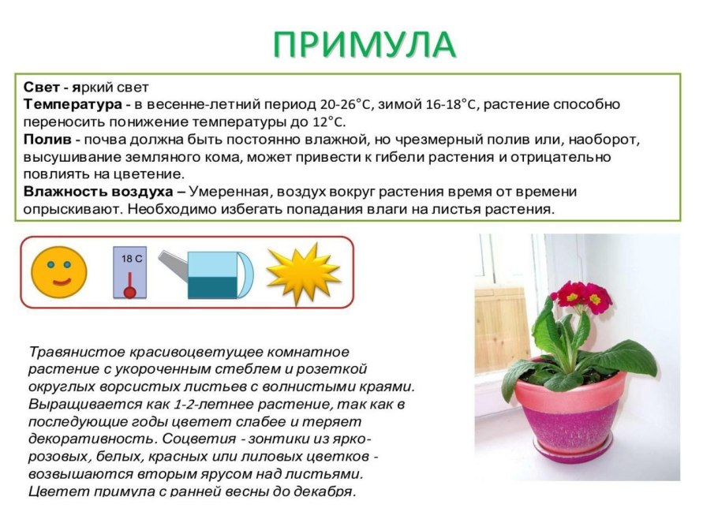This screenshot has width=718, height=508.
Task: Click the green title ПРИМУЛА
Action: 365,45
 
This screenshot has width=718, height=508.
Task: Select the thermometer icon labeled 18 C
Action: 130,273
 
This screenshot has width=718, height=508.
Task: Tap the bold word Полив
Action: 47,140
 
